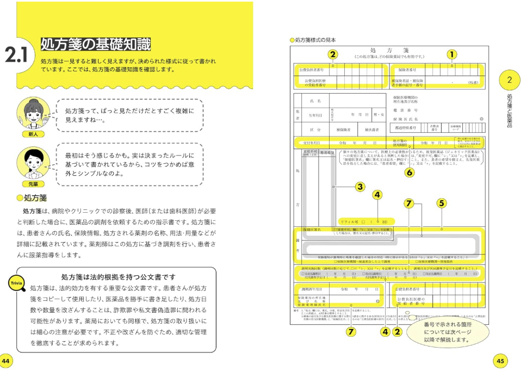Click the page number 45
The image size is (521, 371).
[501, 361]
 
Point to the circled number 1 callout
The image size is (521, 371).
[451, 54]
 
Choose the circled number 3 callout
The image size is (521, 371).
[359, 186]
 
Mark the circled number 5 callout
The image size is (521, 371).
[441, 202]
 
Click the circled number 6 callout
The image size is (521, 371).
[409, 172]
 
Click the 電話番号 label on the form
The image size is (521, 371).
[405, 110]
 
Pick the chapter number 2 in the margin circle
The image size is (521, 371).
[509, 80]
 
